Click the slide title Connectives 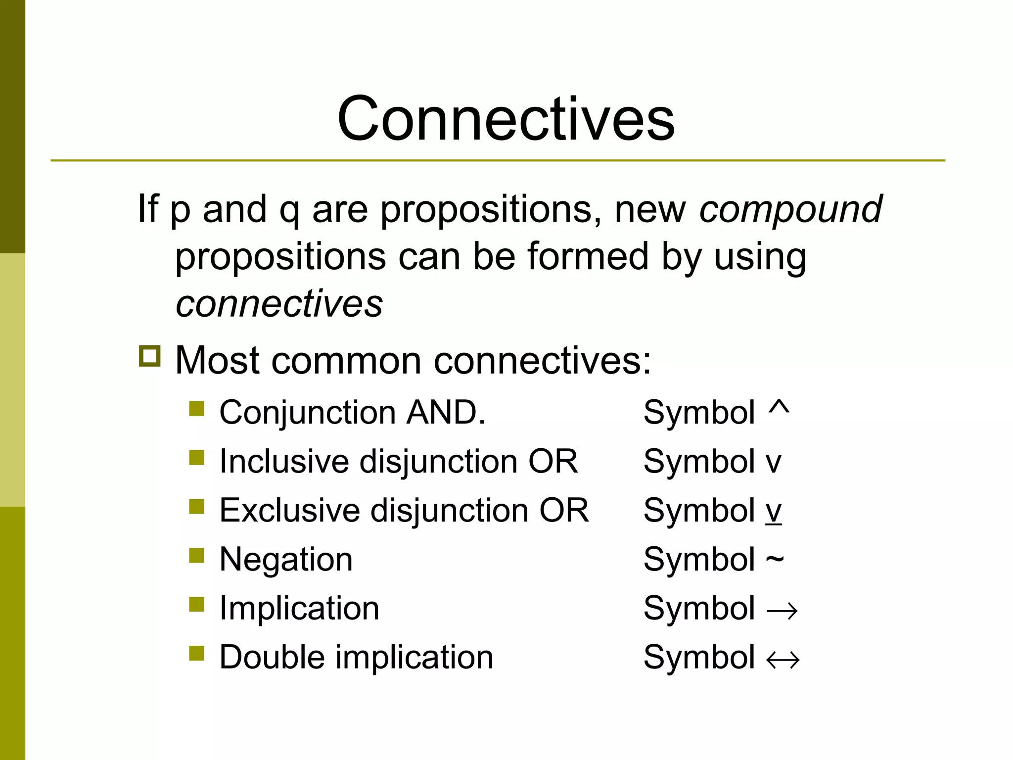tap(506, 119)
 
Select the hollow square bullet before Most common tap(150, 356)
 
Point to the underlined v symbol tap(774, 511)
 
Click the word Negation tap(286, 560)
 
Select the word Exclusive tap(290, 510)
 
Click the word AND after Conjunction tap(445, 412)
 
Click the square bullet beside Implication tap(197, 605)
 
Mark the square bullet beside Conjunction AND tap(197, 409)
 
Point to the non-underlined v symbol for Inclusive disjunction tap(774, 463)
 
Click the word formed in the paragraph tap(588, 256)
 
